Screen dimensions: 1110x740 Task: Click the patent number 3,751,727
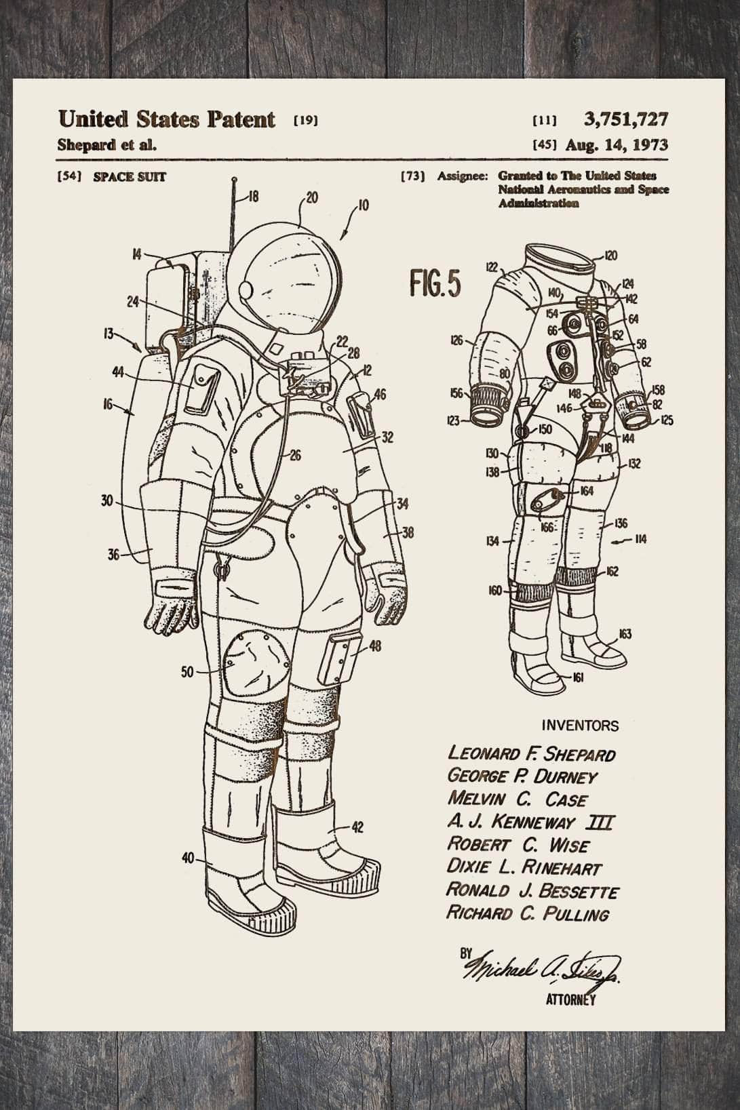click(625, 120)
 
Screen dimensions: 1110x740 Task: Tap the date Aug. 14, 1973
click(616, 144)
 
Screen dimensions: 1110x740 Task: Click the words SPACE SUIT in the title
click(129, 177)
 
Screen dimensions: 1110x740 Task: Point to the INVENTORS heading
click(580, 726)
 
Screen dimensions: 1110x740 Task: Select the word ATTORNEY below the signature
click(570, 999)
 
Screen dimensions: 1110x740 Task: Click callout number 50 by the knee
click(187, 672)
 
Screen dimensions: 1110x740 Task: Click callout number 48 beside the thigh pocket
click(374, 646)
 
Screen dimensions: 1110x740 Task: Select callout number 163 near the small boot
click(625, 634)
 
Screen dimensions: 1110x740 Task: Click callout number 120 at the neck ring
click(610, 256)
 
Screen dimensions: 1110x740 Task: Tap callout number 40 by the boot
click(188, 858)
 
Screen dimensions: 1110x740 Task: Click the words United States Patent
click(166, 119)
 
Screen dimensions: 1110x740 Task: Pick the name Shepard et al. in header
click(107, 144)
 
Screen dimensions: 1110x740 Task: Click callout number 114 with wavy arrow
click(640, 539)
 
